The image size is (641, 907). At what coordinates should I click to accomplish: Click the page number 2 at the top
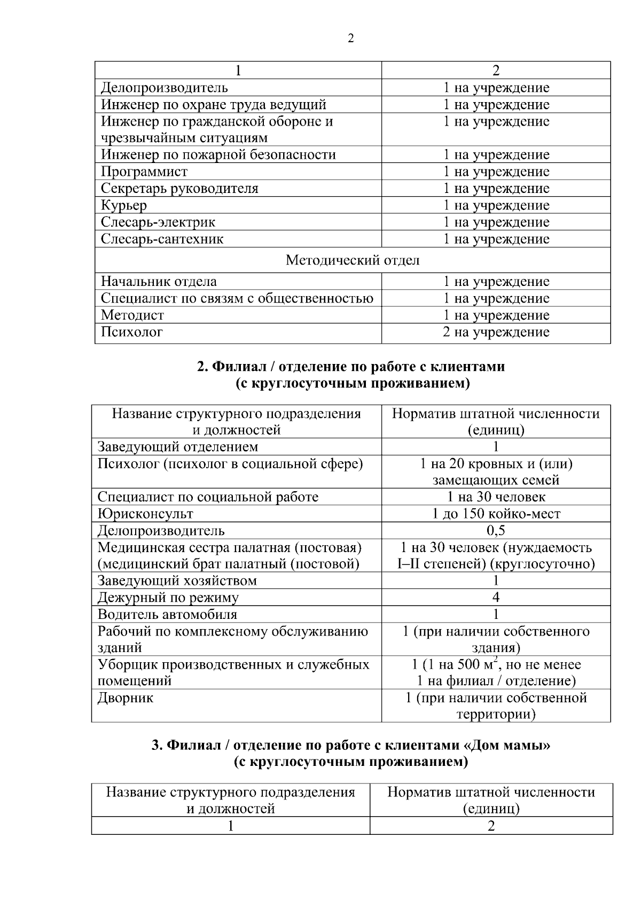tap(350, 38)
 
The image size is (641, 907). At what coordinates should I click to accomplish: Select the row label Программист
tap(144, 172)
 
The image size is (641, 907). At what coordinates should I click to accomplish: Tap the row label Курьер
tap(124, 205)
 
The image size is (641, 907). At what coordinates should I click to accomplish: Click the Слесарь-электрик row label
tap(158, 222)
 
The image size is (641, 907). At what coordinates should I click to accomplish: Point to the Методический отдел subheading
tap(353, 260)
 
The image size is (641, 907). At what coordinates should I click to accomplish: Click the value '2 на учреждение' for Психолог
tap(496, 332)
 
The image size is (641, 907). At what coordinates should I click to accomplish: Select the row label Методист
tap(132, 315)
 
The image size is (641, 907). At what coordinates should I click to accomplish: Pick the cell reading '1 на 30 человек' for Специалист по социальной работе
tap(496, 497)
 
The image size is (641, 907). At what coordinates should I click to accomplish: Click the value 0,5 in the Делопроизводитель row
tap(496, 531)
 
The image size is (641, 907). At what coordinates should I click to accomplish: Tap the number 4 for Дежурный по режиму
tap(496, 598)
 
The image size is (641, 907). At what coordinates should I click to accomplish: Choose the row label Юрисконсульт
tap(145, 514)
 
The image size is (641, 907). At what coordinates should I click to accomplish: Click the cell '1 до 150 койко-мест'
tap(496, 514)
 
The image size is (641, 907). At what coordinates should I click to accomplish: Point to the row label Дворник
tap(126, 698)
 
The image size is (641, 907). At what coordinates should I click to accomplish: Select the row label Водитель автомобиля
tap(167, 615)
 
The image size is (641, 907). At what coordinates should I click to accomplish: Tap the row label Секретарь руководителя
tap(179, 188)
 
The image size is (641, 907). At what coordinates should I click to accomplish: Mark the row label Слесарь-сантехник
tap(162, 239)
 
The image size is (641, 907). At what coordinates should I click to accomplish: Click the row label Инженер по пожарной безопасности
tap(218, 155)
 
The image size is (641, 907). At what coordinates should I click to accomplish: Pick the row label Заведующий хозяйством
tap(177, 581)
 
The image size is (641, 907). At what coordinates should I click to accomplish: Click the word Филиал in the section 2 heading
tap(238, 367)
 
